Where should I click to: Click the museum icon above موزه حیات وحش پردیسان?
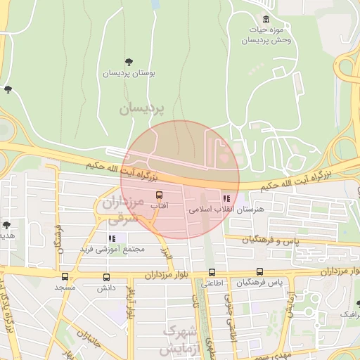coord(266,19)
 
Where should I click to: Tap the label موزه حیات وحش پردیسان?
coord(265,35)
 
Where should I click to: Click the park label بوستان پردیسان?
coord(129,73)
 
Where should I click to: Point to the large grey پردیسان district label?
coord(141,109)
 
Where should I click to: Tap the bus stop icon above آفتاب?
coord(159,195)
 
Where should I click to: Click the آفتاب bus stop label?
coord(159,206)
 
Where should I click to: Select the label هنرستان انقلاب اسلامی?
coord(226,210)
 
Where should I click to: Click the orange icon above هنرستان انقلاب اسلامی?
coord(226,198)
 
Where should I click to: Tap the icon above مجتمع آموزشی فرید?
coord(112,238)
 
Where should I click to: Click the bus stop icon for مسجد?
coord(65,277)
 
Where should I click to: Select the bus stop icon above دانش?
coord(106,277)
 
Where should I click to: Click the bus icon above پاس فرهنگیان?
coord(260,272)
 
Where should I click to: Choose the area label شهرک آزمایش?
coord(178,339)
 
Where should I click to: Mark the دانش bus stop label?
coord(106,288)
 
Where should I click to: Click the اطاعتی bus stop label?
coord(212,284)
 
